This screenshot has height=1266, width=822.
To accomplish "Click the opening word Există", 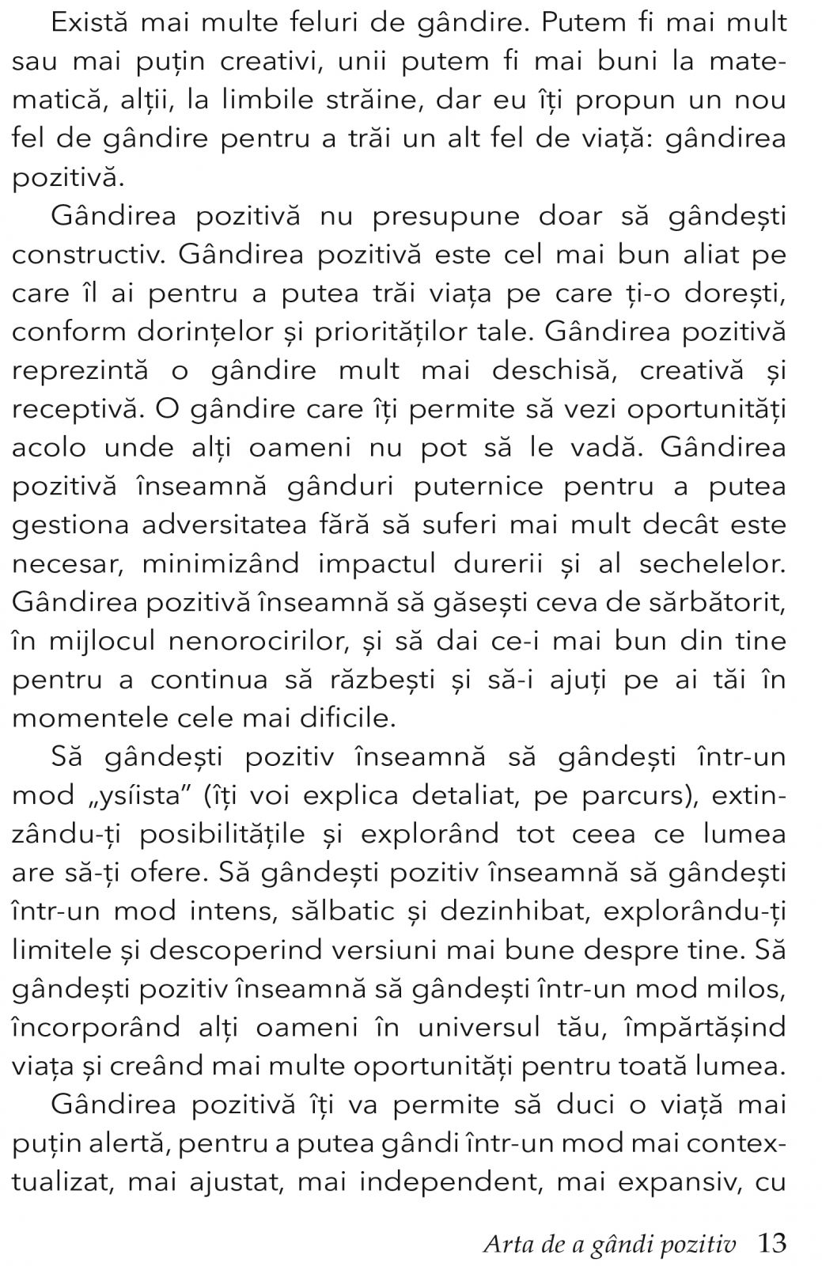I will pos(90,22).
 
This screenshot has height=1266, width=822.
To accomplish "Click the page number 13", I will pos(771,1243).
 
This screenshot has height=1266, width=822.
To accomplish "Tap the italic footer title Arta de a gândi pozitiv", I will pos(609,1244).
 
